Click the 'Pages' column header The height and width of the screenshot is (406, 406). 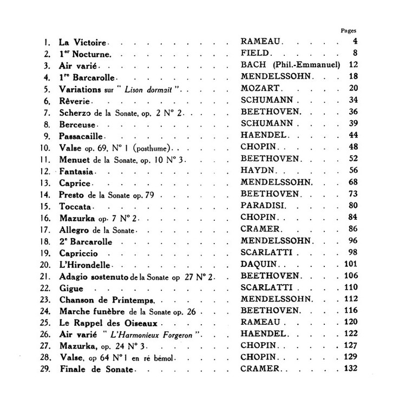(349, 31)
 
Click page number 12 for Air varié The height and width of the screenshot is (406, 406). (355, 66)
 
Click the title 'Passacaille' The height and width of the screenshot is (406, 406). (82, 135)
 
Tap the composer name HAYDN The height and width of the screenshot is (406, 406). (256, 171)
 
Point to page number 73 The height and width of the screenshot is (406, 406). (355, 194)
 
